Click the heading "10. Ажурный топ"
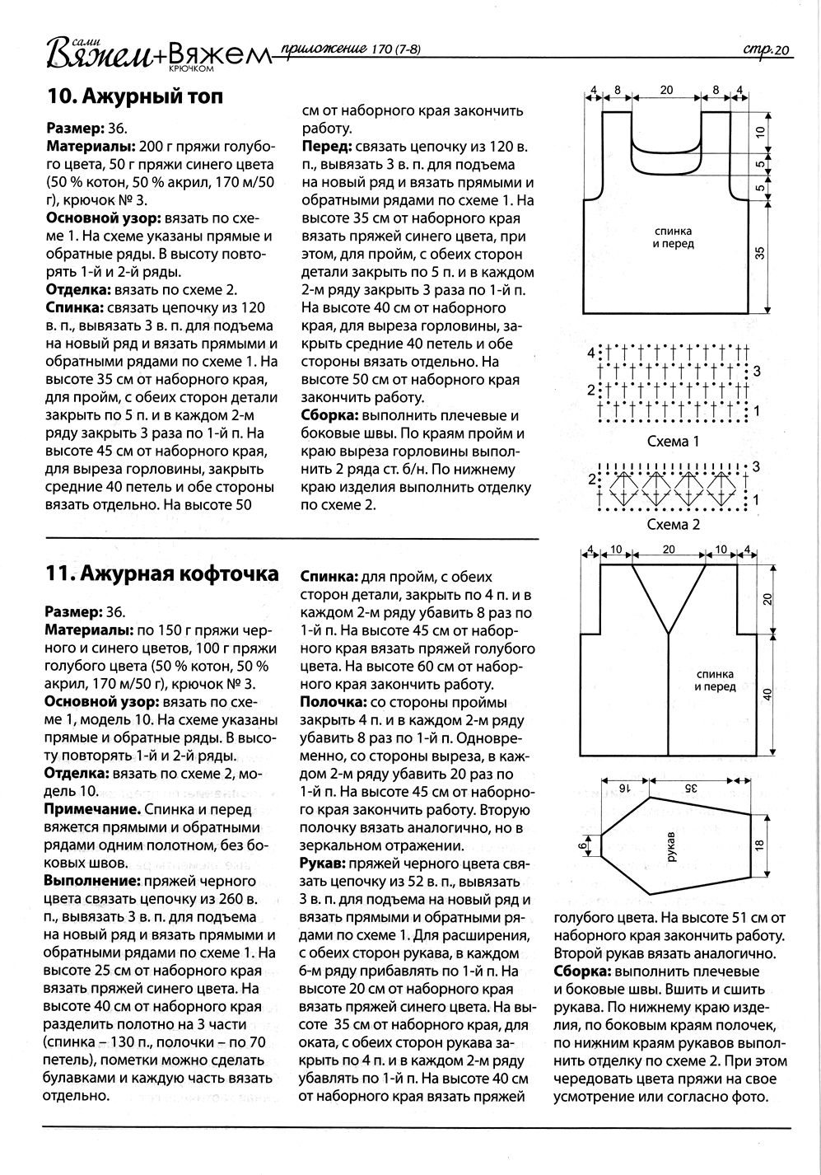135,97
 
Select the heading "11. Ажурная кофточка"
162,574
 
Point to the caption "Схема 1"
673,442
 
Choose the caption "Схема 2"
673,525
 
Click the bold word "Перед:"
327,147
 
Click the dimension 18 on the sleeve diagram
760,844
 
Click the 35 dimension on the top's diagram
761,253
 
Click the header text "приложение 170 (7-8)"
351,49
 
